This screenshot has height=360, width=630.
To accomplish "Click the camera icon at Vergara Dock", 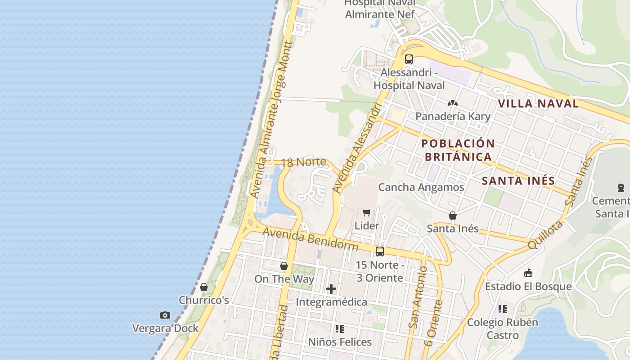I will coord(165,315).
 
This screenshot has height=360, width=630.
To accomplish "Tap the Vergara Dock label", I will coord(165,328).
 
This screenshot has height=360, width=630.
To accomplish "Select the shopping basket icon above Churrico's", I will coord(204,287).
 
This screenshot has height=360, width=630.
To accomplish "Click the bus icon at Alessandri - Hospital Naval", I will coord(409,59).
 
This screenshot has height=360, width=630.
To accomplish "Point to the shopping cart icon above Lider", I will coord(367,212).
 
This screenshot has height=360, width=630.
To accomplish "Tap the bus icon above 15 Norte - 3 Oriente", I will coord(380,251).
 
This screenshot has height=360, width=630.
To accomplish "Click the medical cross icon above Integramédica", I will coord(331,288).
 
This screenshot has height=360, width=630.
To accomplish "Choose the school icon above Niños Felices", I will coord(340,329).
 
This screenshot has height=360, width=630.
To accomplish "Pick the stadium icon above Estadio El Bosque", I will coord(528,273).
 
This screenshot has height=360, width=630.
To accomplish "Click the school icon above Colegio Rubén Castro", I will coord(503,309).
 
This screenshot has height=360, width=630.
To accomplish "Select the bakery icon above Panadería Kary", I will coord(453,103).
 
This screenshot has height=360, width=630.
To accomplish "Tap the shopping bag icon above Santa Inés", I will coord(453,216).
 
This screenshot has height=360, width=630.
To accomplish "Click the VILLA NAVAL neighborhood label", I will coord(538,103).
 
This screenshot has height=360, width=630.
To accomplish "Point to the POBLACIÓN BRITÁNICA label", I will coord(458,150).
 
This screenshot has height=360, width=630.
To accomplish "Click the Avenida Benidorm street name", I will coord(310,239).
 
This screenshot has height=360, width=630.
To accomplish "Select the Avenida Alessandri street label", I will coord(357,148).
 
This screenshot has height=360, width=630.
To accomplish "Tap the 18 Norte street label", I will coord(303,162).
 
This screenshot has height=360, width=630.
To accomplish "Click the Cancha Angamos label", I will coord(421,187).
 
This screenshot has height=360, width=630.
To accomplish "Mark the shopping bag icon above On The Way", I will coord(284,266).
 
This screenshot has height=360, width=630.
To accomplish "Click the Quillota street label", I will coord(545,234).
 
